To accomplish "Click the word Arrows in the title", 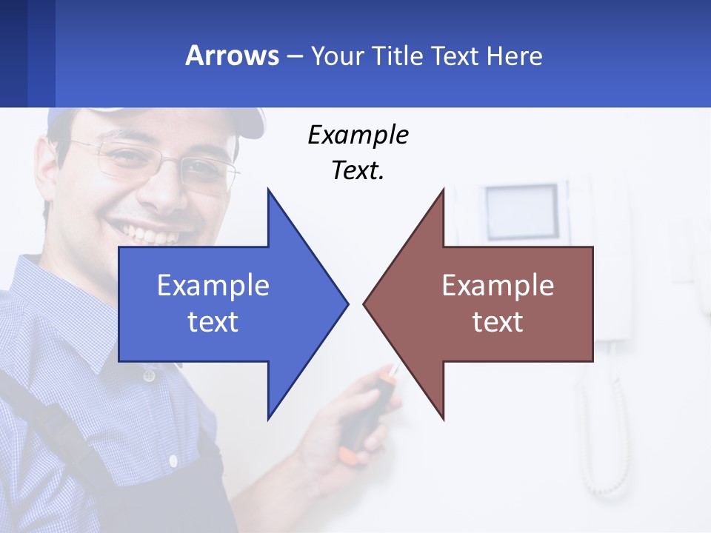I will pyautogui.click(x=233, y=56).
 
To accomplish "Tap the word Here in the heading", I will pyautogui.click(x=514, y=56).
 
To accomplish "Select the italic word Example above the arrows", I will pyautogui.click(x=358, y=135).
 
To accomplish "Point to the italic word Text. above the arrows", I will pyautogui.click(x=358, y=170).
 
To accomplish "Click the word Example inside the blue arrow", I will pyautogui.click(x=213, y=286).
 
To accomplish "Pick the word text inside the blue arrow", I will pyautogui.click(x=213, y=322).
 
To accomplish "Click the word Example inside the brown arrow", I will pyautogui.click(x=498, y=286).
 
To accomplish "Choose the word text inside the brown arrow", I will pyautogui.click(x=498, y=322).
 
